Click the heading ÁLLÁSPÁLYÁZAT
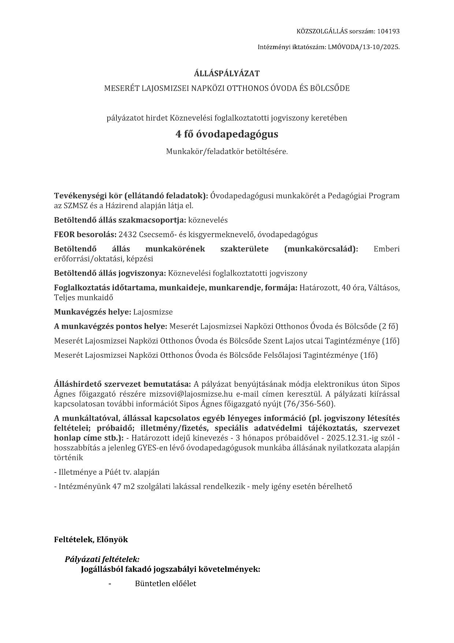(x=227, y=73)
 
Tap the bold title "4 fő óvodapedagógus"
(x=227, y=134)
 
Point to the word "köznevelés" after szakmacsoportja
(x=208, y=220)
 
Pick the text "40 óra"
(x=351, y=288)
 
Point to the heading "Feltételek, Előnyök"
(x=91, y=540)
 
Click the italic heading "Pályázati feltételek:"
(x=102, y=559)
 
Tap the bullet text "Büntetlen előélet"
(x=165, y=584)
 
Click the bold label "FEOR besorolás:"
(x=85, y=235)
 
